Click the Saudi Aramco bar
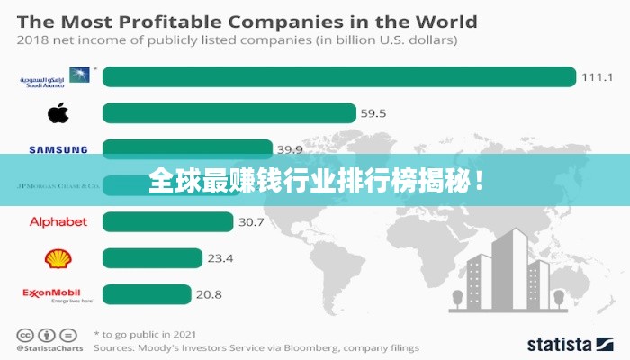pos(338,77)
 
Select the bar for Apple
pos(229,113)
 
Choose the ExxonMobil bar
pos(147,294)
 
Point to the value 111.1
pos(597,77)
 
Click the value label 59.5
pos(373,113)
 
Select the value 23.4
pos(220,258)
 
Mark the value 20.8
pos(209,294)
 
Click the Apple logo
pos(58,113)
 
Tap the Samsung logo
pos(58,150)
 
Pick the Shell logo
pos(58,259)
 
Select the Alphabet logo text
pos(58,222)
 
